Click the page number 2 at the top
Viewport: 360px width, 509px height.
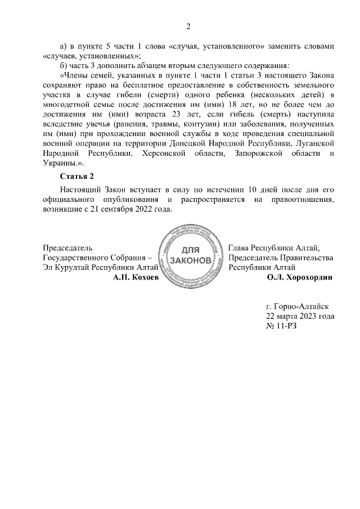189,26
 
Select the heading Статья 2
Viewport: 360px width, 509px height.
76,177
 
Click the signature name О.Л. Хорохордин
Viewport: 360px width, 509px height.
300,277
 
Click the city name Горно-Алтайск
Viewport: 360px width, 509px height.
301,307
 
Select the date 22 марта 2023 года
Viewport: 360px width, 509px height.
300,316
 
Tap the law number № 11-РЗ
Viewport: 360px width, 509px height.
281,326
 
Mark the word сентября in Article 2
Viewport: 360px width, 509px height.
114,209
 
